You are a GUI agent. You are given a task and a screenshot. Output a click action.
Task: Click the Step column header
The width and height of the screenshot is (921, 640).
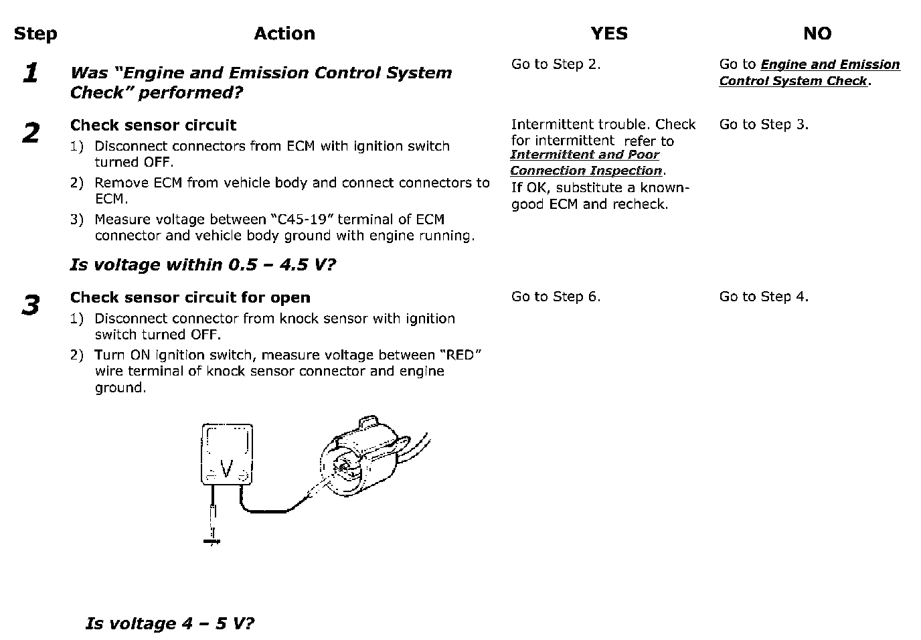pos(35,34)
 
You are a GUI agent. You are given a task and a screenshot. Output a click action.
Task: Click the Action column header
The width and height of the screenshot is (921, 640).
pos(284,34)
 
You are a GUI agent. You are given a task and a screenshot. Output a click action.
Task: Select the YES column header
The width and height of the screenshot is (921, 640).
pos(609,34)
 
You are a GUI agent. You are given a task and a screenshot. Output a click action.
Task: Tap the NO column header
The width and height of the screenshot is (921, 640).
pos(817,34)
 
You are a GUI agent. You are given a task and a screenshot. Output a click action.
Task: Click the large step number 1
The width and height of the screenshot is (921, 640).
pos(30,74)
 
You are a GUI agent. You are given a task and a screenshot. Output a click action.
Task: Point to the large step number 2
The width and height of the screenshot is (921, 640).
pos(30,133)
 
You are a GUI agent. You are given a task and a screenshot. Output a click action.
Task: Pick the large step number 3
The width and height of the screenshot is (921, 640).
pos(30,306)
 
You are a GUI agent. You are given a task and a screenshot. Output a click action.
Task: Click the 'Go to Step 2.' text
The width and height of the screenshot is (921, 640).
pos(556,64)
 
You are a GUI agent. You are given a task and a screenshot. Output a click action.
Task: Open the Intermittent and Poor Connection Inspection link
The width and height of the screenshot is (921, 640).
pos(586,163)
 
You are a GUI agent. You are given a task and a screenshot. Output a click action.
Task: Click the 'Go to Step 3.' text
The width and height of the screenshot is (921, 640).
pos(764,125)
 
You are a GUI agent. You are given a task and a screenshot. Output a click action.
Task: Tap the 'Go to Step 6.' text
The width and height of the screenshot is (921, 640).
pos(556,297)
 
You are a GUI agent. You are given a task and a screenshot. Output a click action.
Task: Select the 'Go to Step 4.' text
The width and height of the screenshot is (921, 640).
pos(764,297)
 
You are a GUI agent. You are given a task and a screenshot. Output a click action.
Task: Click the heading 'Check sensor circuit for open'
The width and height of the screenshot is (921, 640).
pos(190,297)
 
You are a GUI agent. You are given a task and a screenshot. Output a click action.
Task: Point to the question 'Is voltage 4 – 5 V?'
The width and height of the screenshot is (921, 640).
pos(170,624)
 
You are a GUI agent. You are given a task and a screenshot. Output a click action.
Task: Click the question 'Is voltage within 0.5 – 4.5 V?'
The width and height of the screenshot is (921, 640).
pos(202,264)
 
